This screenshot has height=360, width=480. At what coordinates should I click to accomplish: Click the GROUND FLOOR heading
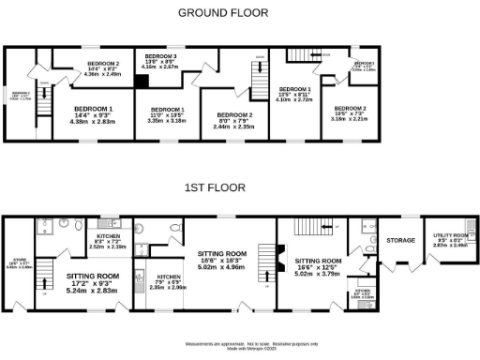[x=222, y=13]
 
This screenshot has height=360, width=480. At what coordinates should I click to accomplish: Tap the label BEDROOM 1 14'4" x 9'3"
[x=93, y=114]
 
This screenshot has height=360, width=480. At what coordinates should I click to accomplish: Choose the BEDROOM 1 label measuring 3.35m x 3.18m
[x=168, y=115]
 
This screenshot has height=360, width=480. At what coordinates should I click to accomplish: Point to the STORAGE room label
[x=400, y=241]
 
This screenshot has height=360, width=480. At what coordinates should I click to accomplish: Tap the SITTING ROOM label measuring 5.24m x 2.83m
[x=92, y=282]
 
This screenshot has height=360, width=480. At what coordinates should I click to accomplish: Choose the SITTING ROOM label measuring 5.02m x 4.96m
[x=222, y=259]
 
